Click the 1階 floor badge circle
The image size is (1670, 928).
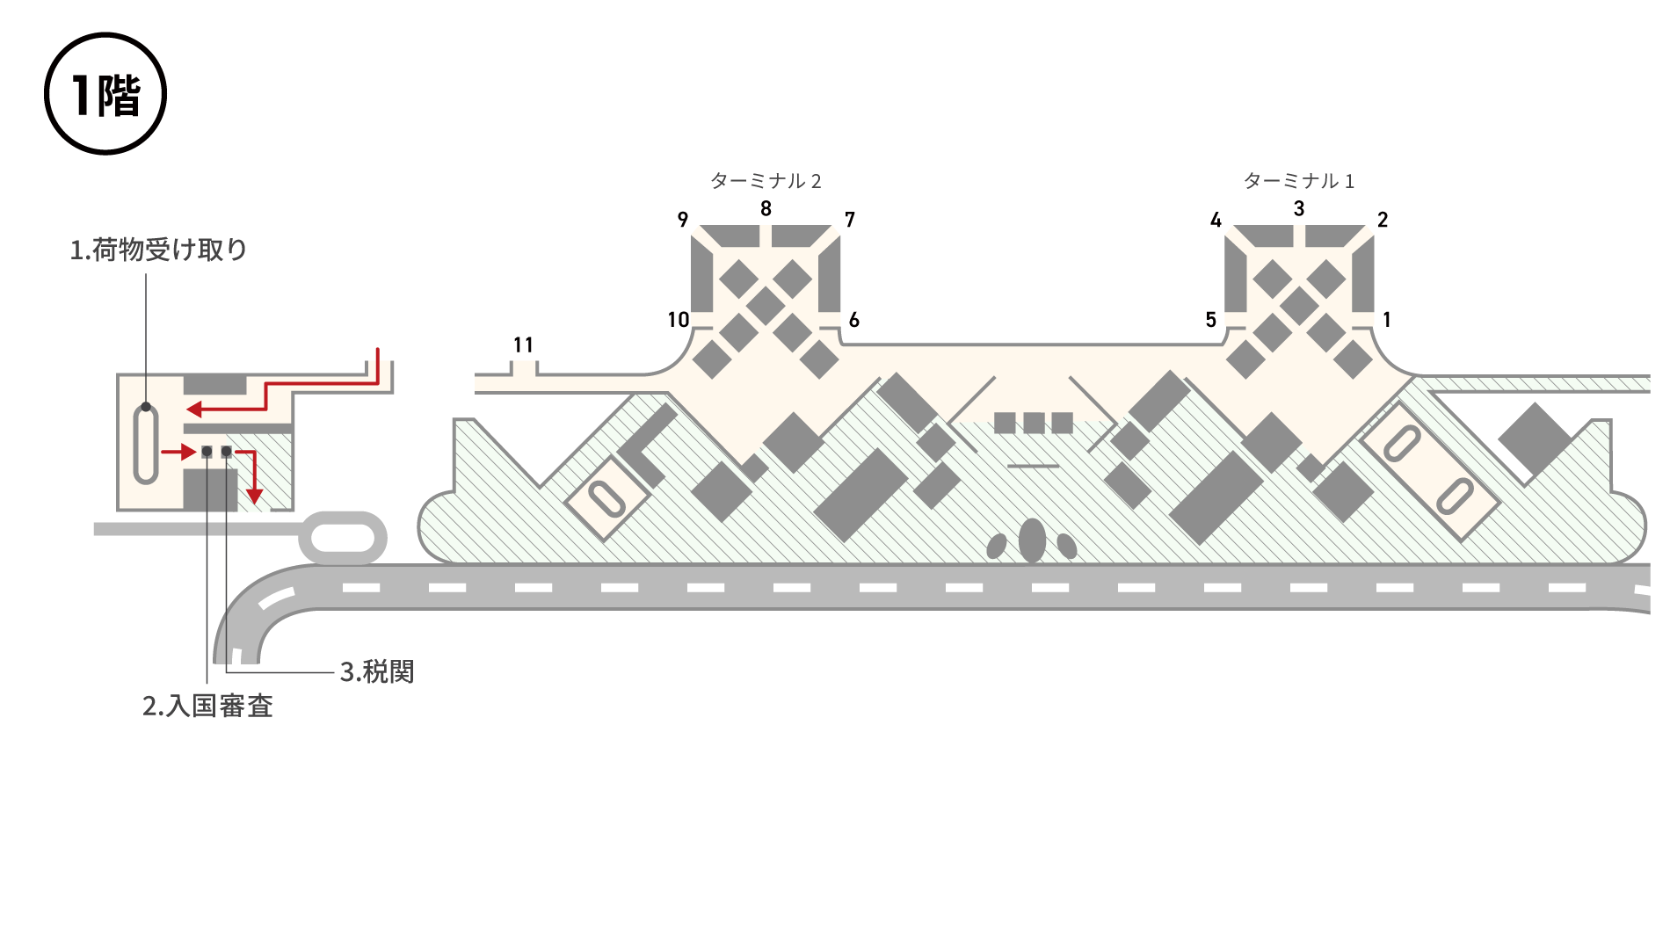[105, 94]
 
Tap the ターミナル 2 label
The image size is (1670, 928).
[766, 181]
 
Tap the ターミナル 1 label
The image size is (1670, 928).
[1299, 181]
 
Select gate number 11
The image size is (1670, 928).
[523, 345]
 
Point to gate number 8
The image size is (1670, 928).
[766, 209]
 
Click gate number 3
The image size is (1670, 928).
[1299, 209]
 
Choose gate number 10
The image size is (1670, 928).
[678, 320]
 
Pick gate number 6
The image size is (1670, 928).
[853, 320]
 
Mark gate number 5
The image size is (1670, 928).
[1211, 320]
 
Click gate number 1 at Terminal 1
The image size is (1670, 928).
[1387, 320]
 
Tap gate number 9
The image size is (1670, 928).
[683, 220]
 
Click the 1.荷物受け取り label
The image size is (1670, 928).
[158, 250]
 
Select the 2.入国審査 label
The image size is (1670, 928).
[207, 707]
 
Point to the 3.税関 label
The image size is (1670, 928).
[377, 672]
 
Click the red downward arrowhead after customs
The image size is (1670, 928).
[254, 496]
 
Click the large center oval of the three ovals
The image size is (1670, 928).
[1032, 540]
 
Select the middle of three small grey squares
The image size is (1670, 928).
[1034, 423]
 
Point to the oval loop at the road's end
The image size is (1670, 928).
[343, 537]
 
